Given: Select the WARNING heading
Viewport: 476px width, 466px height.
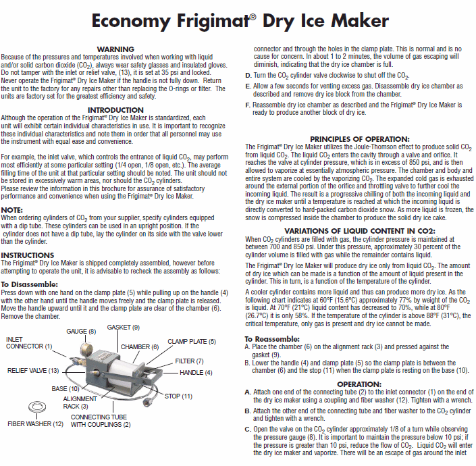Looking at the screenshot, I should click(115, 49).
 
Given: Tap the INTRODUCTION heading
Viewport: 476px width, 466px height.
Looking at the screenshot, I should click(115, 109).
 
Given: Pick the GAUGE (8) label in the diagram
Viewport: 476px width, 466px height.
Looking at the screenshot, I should click(80, 331).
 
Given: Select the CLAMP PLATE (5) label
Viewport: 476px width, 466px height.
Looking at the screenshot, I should click(192, 342).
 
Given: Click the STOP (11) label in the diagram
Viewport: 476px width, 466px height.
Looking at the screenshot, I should click(178, 395).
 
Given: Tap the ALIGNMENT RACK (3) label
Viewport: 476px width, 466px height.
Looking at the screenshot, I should click(75, 403).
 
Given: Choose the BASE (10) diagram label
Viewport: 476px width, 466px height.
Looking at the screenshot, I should click(65, 389).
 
